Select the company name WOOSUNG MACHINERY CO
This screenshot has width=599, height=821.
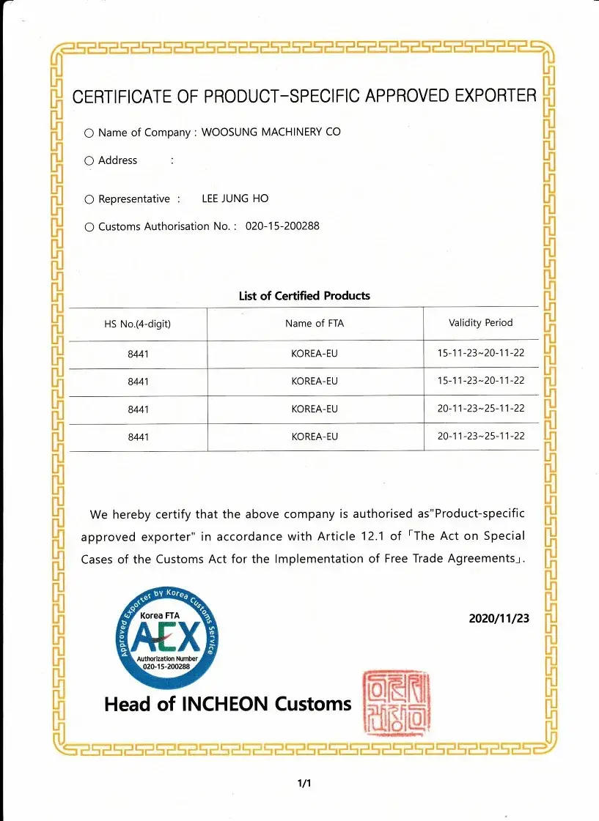tap(271, 132)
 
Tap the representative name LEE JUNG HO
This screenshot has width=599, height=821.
tap(235, 198)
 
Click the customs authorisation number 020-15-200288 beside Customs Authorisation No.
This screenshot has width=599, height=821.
tap(282, 226)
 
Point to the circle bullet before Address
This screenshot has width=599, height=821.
tap(89, 160)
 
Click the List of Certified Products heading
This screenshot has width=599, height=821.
tap(304, 296)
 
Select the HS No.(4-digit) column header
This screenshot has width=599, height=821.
tap(138, 324)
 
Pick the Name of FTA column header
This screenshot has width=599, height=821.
tap(315, 323)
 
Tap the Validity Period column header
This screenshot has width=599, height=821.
tap(481, 322)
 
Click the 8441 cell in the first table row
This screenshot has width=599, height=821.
tap(138, 354)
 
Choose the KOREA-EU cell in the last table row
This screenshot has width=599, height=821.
tap(315, 436)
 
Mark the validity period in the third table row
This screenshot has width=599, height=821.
tap(481, 409)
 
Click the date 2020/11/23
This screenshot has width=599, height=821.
tap(499, 618)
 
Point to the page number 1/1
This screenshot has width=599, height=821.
tap(304, 784)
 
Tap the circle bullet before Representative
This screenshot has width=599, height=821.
tap(89, 199)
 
